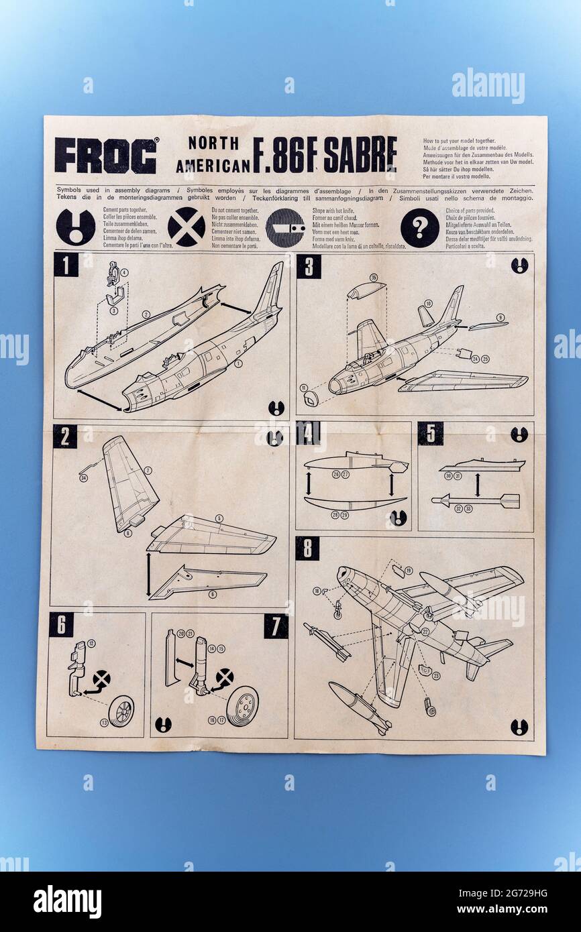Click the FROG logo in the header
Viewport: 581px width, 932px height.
(106, 156)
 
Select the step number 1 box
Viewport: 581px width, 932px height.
(66, 265)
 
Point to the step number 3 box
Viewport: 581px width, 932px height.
(309, 266)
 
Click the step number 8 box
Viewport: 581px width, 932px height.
(307, 548)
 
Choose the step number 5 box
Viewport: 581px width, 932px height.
(430, 433)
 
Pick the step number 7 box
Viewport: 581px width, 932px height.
(276, 626)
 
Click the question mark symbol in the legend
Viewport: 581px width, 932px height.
(419, 228)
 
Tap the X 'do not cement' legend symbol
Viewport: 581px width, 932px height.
(186, 227)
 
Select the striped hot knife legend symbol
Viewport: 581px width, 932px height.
(284, 228)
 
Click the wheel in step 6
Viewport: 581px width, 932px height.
(121, 711)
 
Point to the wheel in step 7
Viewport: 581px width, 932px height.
(242, 706)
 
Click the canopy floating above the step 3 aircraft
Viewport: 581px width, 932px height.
(366, 290)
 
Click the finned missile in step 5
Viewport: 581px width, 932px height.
(476, 500)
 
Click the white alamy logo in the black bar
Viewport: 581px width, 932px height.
(68, 902)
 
